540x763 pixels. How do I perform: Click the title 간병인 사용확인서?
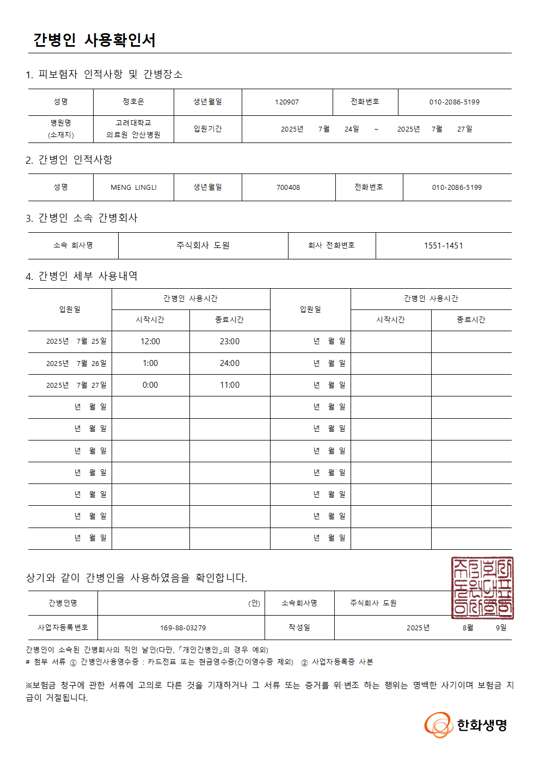coord(94,40)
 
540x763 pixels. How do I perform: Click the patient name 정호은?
coord(133,102)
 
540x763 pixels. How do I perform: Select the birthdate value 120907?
coord(287,102)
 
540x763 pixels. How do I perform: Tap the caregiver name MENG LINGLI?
coord(133,188)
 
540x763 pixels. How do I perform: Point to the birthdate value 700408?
coord(288,188)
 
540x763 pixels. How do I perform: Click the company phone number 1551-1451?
coord(443,246)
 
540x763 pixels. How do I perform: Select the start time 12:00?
coord(150,342)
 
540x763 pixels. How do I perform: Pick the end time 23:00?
coord(229,342)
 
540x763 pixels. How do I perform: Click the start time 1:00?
coord(150,363)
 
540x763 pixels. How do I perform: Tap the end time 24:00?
coord(229,363)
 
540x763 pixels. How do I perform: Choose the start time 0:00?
coord(150,385)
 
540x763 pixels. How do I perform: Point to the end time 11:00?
coord(229,385)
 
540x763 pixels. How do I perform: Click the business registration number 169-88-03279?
coord(183,628)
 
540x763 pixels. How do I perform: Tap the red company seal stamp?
coord(482,588)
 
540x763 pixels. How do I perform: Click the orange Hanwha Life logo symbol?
coord(438,725)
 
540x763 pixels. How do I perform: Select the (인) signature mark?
coord(254,603)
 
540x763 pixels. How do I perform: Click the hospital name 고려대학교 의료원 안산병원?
coord(133,129)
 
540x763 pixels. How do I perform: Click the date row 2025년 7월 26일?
coord(76,363)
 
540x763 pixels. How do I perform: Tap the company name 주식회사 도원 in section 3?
coord(203,246)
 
